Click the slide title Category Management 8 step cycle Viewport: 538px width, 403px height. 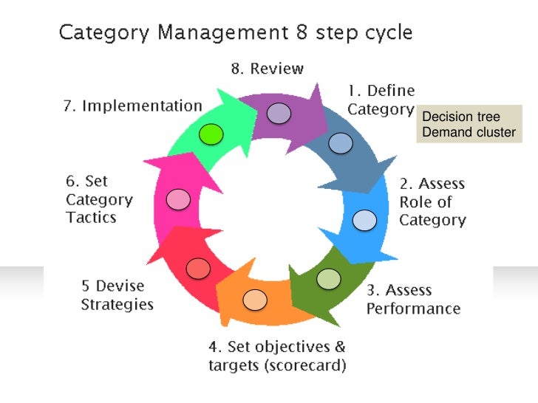(x=235, y=33)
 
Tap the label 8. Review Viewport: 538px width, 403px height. (x=267, y=69)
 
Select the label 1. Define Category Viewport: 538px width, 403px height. (x=381, y=100)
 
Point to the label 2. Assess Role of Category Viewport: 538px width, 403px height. (x=432, y=201)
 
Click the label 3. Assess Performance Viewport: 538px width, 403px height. (x=413, y=299)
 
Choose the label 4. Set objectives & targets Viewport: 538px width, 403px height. (x=276, y=356)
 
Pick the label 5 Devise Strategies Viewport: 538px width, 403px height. (x=117, y=294)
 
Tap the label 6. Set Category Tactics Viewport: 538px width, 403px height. (x=99, y=199)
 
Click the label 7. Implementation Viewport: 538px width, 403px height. (x=131, y=106)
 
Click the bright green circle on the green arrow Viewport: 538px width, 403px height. (x=211, y=134)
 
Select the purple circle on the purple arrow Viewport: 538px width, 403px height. (x=279, y=113)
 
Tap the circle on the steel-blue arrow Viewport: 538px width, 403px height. (x=341, y=142)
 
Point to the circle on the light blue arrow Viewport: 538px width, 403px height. (x=364, y=220)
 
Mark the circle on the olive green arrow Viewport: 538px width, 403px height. (x=329, y=278)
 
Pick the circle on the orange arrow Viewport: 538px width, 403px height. (x=255, y=299)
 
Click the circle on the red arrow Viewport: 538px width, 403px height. (x=198, y=267)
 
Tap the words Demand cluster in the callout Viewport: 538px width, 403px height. (x=468, y=133)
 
